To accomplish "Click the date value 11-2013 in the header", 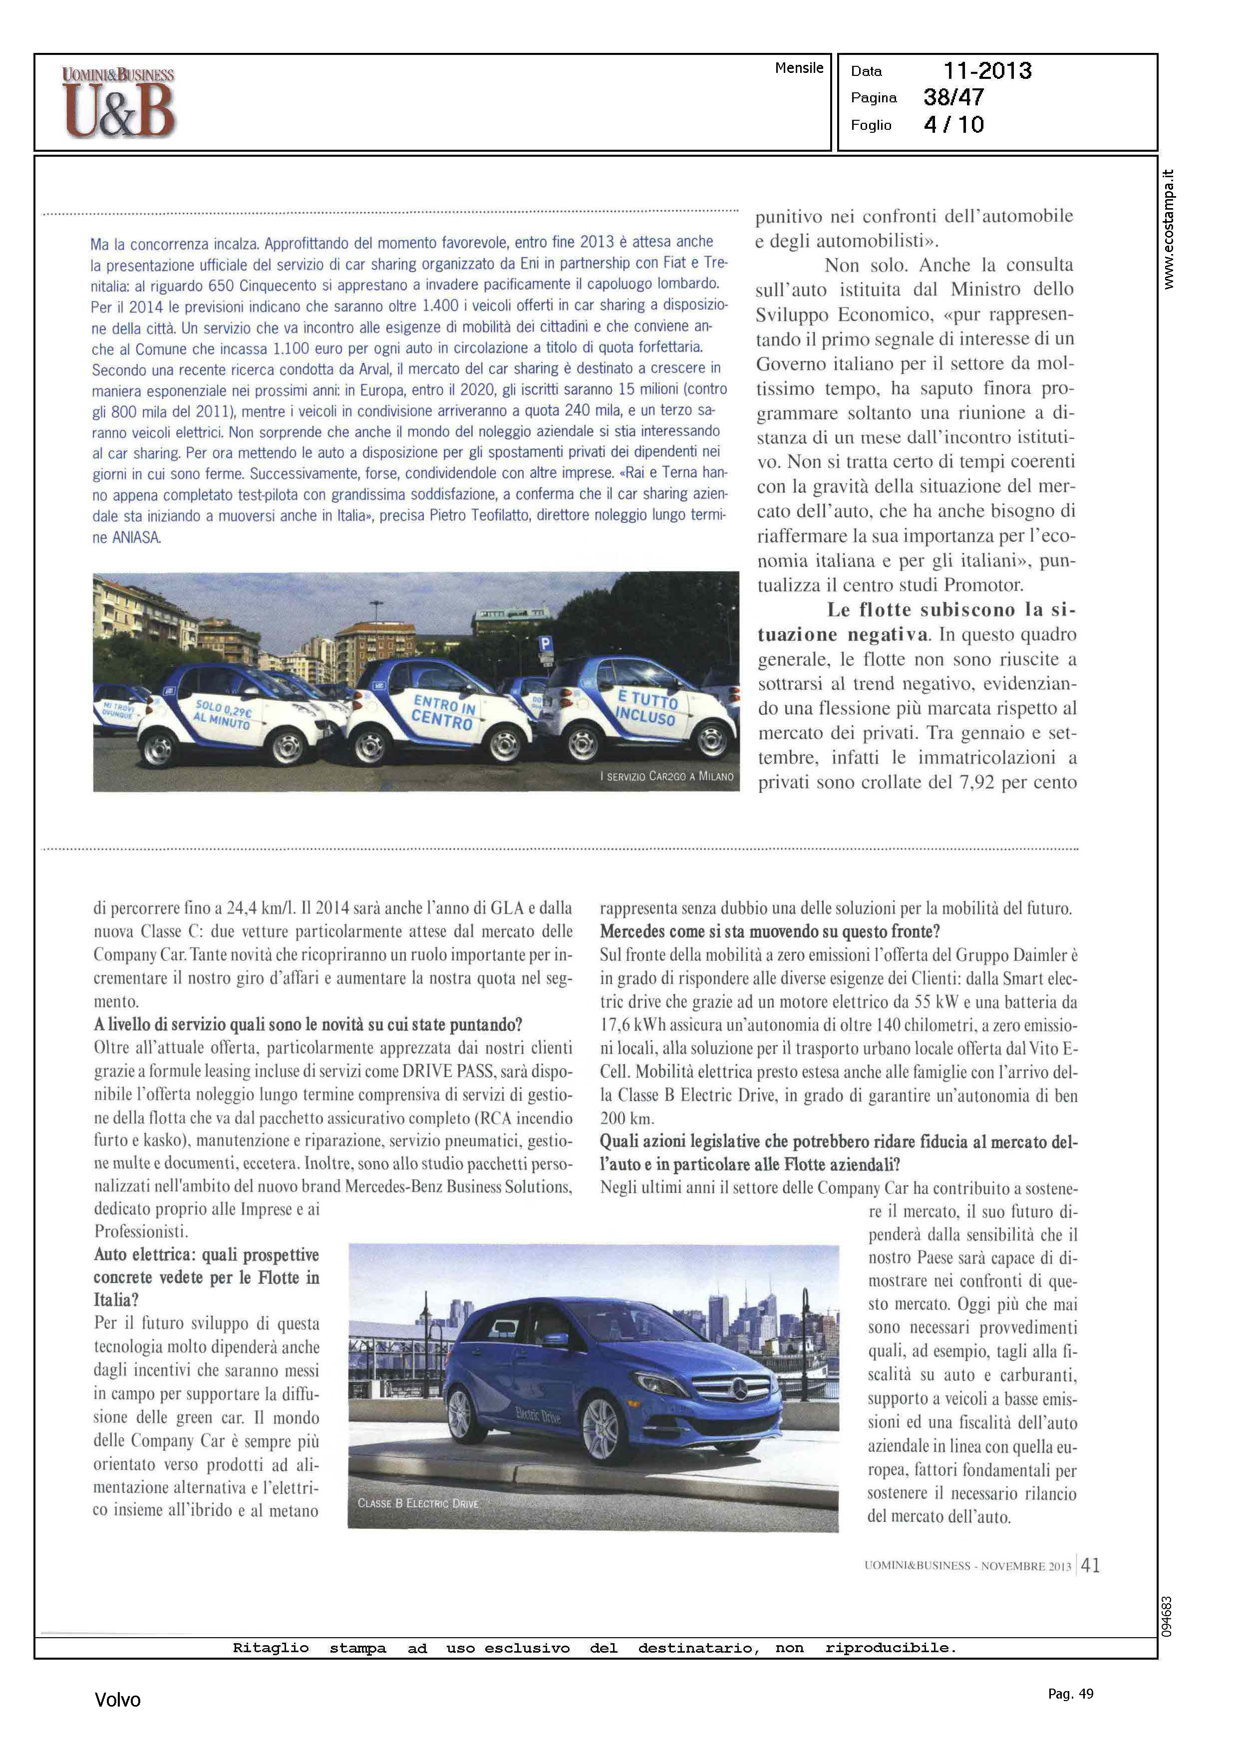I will click(987, 71).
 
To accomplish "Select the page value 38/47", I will click(953, 97).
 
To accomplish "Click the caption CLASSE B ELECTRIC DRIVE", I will click(418, 1503).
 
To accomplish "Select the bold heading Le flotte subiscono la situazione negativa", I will click(917, 622).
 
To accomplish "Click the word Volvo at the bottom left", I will click(117, 1700).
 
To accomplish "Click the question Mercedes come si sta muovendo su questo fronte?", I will click(770, 931).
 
